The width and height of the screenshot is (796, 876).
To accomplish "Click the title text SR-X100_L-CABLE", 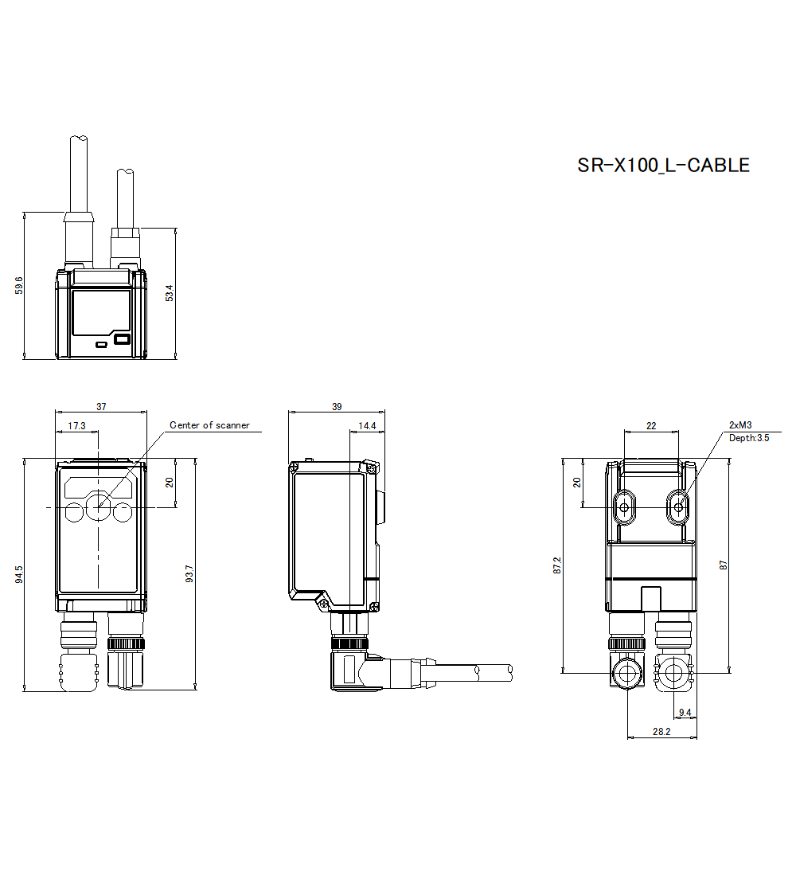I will click(663, 166).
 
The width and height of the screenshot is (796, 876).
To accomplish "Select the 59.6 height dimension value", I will click(18, 285).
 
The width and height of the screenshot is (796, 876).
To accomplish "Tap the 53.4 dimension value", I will click(170, 292).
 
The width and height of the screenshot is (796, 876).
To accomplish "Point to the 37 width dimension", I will click(101, 406).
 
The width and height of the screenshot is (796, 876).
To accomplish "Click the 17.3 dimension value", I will click(76, 426).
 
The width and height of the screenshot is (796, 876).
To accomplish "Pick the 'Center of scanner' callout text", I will click(209, 425).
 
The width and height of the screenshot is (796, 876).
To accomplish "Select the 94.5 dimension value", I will click(18, 573).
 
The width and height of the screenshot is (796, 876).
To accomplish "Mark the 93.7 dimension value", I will click(189, 573).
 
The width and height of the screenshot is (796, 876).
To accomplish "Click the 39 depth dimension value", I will click(337, 406).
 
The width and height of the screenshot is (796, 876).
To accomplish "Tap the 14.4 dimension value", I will click(367, 426).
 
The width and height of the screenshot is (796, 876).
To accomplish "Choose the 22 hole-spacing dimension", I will click(651, 426).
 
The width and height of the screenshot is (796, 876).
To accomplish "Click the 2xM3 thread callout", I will click(740, 425).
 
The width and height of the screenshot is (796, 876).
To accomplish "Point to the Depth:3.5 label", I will click(749, 438).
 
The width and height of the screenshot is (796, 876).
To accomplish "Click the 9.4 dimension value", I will click(685, 713).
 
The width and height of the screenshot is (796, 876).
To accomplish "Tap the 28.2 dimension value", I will click(661, 732).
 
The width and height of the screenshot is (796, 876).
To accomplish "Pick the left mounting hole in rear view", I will click(625, 506).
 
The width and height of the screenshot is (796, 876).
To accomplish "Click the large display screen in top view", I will click(101, 312).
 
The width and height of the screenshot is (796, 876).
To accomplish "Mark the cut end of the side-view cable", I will click(509, 671).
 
